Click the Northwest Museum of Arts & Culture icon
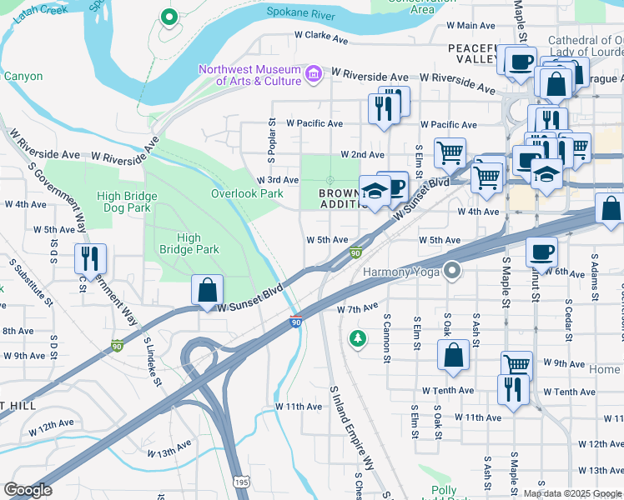tap(314, 75)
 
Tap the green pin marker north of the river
tap(169, 17)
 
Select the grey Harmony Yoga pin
tap(452, 270)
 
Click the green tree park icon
tap(358, 338)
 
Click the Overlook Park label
tap(247, 193)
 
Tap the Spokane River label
tap(299, 12)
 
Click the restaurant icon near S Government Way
tap(90, 258)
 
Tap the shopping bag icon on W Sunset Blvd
tap(208, 291)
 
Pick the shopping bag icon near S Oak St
tap(453, 354)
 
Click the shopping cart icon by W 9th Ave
tap(516, 364)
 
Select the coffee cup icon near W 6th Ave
tap(541, 251)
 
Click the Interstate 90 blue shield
tap(296, 321)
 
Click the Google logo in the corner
tap(28, 490)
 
